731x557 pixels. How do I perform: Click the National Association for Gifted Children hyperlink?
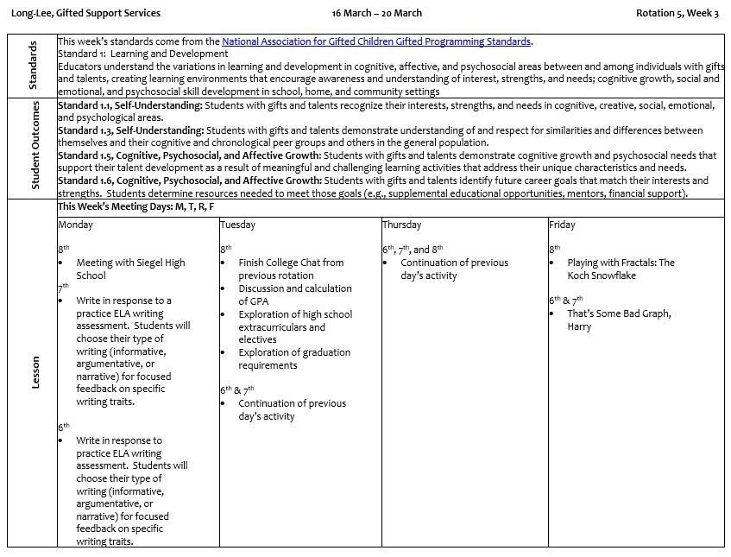(x=375, y=41)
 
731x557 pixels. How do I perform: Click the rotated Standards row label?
(x=33, y=66)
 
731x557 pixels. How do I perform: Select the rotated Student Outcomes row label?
(x=35, y=149)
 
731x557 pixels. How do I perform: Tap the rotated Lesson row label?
(x=35, y=373)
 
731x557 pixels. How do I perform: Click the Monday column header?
(x=75, y=225)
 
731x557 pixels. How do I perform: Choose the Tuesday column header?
(x=237, y=225)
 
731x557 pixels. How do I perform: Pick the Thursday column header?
(x=401, y=225)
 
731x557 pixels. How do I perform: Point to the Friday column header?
(x=562, y=225)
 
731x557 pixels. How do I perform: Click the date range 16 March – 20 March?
(x=376, y=13)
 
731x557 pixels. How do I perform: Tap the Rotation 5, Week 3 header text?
(x=677, y=13)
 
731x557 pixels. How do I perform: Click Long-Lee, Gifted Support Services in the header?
(x=85, y=13)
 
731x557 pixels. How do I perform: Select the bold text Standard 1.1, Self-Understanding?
(x=129, y=105)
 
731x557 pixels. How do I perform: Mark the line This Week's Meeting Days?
(x=135, y=207)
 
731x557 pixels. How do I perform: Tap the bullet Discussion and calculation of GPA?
(x=294, y=294)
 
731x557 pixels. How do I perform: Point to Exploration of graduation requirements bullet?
(x=293, y=358)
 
